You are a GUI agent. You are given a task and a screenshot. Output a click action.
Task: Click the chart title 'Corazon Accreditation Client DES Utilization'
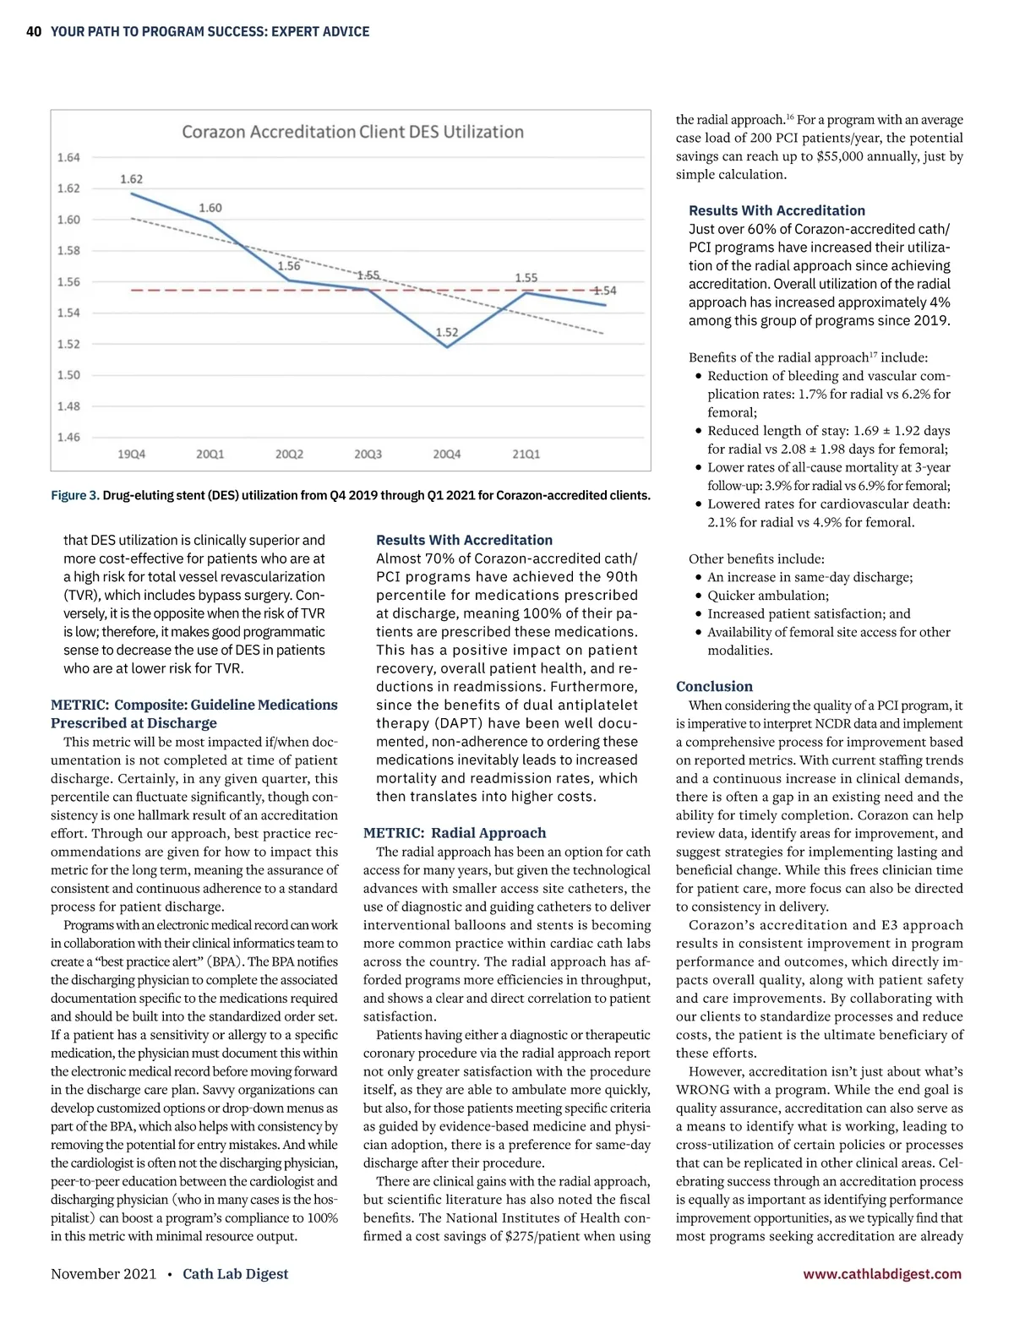(352, 132)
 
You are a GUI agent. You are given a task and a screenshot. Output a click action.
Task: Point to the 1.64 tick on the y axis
(68, 157)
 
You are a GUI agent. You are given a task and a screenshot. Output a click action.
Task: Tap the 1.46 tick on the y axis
(68, 437)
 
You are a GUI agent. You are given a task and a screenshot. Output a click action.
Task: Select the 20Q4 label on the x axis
(447, 455)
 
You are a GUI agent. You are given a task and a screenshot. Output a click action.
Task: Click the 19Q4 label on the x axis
(131, 455)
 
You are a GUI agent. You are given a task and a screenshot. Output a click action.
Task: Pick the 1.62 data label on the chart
(131, 179)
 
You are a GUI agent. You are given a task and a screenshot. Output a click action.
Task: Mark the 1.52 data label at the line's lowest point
(447, 332)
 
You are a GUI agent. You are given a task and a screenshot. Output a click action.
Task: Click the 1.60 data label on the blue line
(210, 208)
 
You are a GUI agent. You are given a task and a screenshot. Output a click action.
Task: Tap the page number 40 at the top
(34, 32)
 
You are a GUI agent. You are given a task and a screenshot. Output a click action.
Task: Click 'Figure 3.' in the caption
(74, 495)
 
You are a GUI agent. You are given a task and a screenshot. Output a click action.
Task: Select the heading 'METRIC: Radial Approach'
(455, 833)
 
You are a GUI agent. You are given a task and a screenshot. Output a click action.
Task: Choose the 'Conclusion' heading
(714, 687)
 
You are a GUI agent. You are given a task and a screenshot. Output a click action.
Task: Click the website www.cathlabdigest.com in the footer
(882, 1274)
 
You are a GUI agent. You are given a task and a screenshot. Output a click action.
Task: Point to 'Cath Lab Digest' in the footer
(235, 1274)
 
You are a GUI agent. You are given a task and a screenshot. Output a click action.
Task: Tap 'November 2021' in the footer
(103, 1274)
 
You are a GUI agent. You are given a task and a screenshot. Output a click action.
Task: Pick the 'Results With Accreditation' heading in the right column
(777, 210)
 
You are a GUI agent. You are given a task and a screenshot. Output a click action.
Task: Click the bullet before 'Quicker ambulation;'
(698, 596)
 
